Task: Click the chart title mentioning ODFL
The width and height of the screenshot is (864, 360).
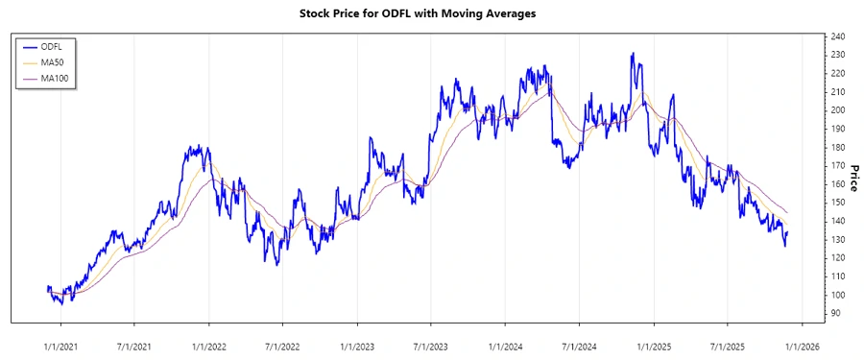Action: pyautogui.click(x=431, y=14)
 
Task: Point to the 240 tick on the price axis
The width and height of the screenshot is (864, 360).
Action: pyautogui.click(x=838, y=36)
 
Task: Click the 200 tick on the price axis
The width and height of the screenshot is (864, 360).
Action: pyautogui.click(x=838, y=110)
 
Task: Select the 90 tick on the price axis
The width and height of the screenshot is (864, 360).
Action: pyautogui.click(x=836, y=313)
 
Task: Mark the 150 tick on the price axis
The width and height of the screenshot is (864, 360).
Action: pyautogui.click(x=838, y=203)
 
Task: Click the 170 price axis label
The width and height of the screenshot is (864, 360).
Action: pyautogui.click(x=838, y=166)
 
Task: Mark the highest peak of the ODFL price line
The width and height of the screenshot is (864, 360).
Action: pyautogui.click(x=632, y=54)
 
